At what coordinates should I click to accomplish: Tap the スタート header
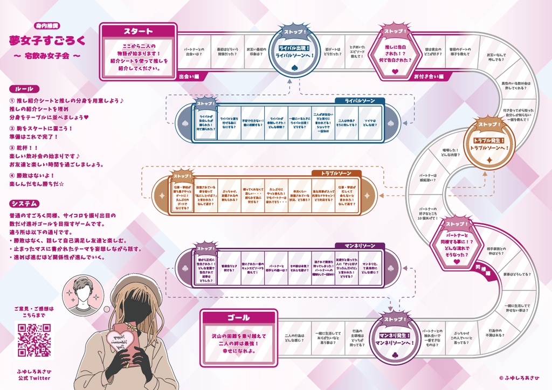(138, 31)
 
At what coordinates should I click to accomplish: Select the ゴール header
(238, 317)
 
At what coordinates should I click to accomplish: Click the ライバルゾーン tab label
(360, 101)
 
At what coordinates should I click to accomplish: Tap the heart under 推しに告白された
(395, 71)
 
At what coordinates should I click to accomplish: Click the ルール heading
(22, 89)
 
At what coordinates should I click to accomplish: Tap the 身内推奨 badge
(47, 25)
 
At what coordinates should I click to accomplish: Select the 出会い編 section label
(189, 76)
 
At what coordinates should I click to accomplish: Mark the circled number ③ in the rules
(12, 148)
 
